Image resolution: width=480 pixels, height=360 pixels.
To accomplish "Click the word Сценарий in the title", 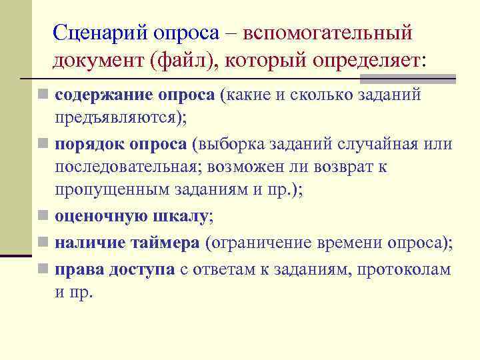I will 101,31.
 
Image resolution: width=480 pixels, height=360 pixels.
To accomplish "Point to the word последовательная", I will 127,167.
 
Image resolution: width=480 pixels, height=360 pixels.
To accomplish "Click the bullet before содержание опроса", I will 43,95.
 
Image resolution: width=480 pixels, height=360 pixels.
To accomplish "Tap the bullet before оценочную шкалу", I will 43,216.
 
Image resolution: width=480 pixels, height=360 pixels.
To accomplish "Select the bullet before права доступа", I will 43,269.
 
